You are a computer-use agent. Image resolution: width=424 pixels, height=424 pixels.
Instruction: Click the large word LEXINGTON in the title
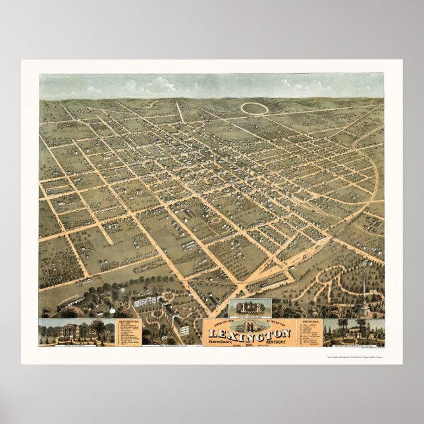[x=249, y=332]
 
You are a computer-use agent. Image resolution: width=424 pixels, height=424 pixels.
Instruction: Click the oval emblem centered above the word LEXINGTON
[x=249, y=323]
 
